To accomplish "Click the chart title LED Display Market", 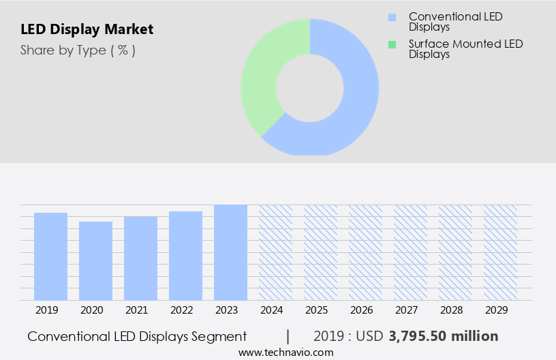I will pyautogui.click(x=87, y=29).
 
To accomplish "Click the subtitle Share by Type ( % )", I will pyautogui.click(x=78, y=50).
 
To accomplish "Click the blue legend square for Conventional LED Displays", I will pyautogui.click(x=392, y=17).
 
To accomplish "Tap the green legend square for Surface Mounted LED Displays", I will pyautogui.click(x=392, y=44).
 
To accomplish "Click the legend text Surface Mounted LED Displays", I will pyautogui.click(x=465, y=49).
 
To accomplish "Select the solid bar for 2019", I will pyautogui.click(x=50, y=256).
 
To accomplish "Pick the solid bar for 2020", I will pyautogui.click(x=95, y=260).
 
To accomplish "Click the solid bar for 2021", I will pyautogui.click(x=140, y=258).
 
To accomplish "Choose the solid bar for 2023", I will pyautogui.click(x=230, y=252).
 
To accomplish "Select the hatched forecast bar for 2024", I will pyautogui.click(x=275, y=252).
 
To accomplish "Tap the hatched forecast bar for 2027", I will pyautogui.click(x=410, y=252).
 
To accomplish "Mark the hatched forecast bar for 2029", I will pyautogui.click(x=500, y=252).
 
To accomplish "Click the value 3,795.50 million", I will pyautogui.click(x=444, y=336).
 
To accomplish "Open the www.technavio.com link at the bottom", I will pyautogui.click(x=286, y=352).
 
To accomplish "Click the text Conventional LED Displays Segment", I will pyautogui.click(x=137, y=336).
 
